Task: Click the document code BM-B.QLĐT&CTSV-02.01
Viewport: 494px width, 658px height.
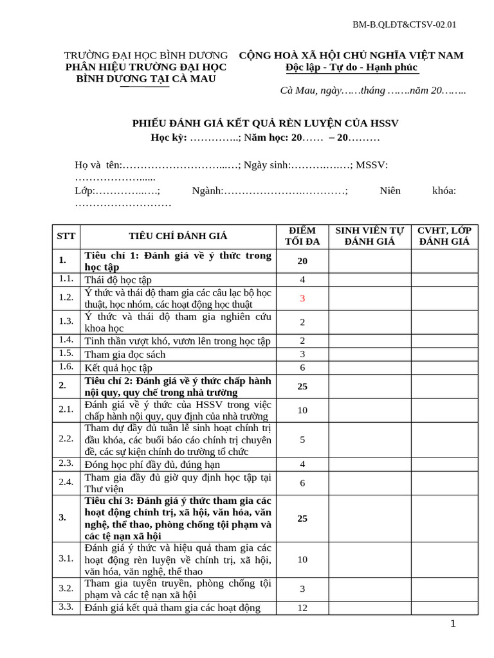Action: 404,25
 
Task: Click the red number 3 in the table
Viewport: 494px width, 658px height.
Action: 302,298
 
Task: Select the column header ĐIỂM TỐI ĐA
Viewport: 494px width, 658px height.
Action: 302,236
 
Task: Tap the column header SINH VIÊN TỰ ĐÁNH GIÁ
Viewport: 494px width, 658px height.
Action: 370,236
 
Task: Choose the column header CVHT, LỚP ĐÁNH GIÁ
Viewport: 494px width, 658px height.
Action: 444,236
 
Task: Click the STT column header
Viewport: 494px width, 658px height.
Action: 66,236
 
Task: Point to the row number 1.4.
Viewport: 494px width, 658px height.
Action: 66,340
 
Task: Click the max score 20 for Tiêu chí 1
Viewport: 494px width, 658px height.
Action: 302,261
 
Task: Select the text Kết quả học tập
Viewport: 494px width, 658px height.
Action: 118,368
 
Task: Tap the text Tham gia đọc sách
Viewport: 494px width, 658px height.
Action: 125,354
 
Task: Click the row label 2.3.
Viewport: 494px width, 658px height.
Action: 66,463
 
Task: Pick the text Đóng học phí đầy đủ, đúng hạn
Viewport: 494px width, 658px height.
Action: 152,465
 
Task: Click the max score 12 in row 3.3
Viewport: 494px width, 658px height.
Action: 302,608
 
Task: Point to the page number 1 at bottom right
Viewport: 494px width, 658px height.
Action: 453,624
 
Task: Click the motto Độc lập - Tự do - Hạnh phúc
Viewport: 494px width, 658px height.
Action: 351,67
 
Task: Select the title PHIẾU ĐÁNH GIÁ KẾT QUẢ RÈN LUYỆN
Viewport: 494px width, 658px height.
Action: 270,123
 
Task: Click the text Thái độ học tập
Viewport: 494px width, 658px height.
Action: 118,280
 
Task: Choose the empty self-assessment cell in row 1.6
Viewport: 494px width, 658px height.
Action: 370,368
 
